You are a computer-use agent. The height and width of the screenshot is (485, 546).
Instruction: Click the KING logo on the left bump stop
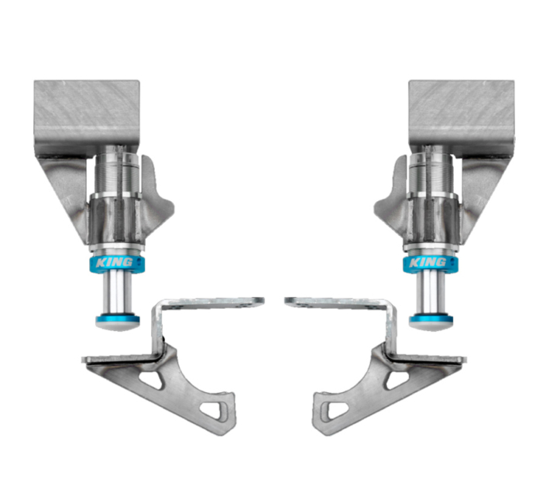pyautogui.click(x=118, y=264)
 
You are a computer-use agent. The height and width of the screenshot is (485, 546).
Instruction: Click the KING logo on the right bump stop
pyautogui.click(x=428, y=264)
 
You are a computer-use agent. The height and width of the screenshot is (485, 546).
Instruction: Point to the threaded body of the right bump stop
pyautogui.click(x=428, y=173)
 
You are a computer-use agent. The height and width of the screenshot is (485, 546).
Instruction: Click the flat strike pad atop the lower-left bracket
pyautogui.click(x=209, y=301)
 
